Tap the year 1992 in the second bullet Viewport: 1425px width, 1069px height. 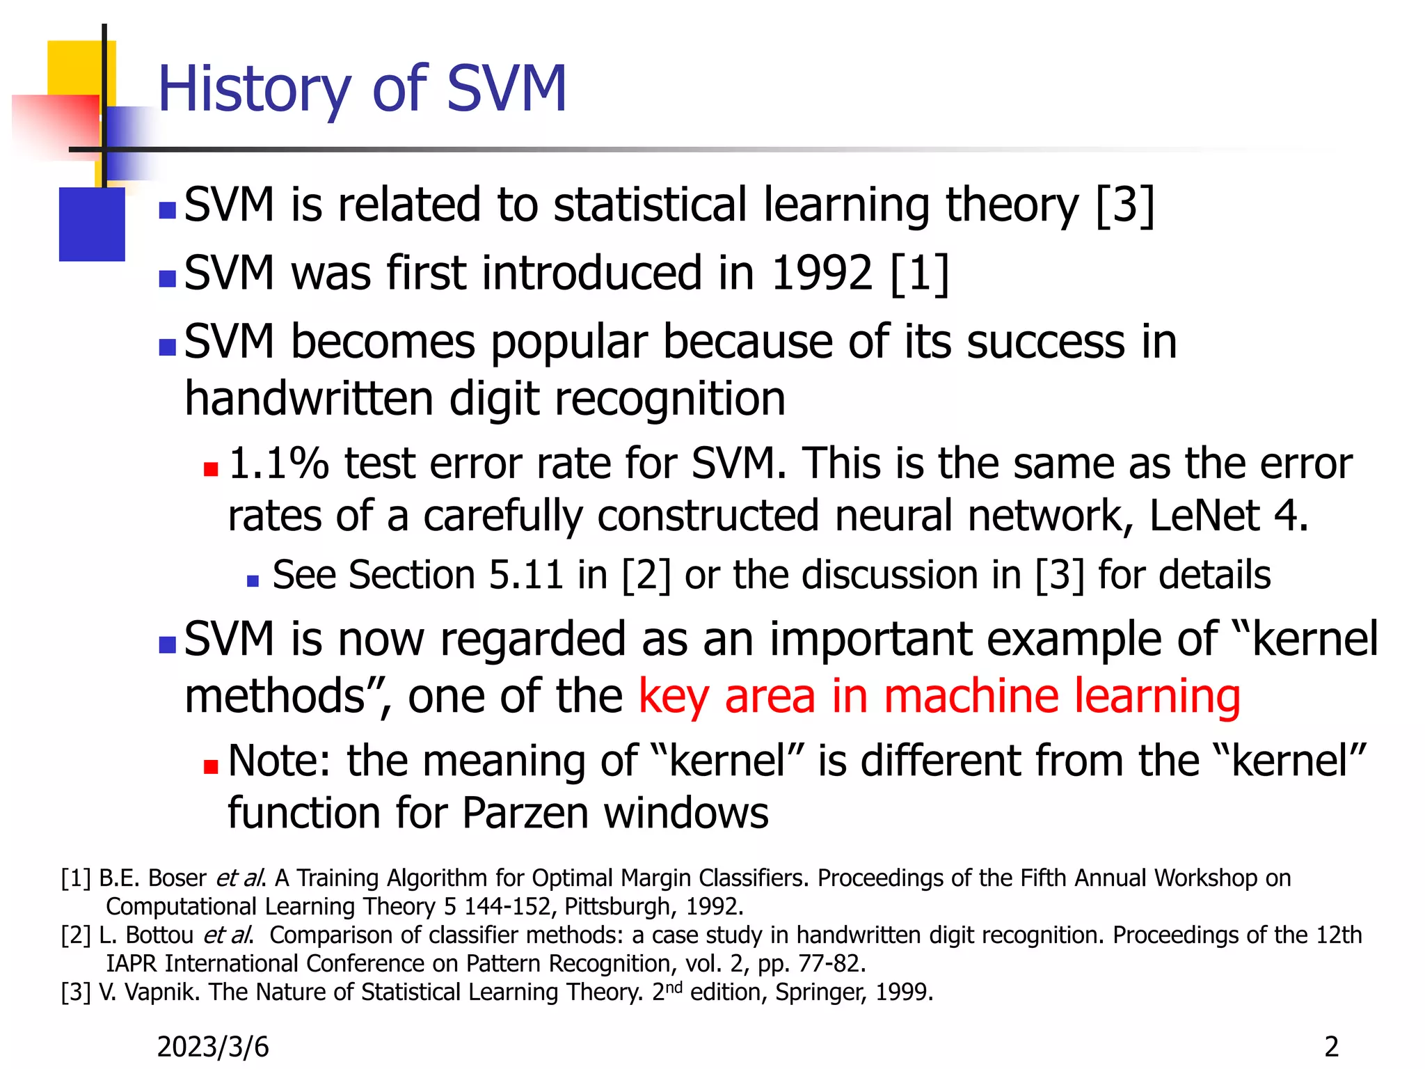point(822,273)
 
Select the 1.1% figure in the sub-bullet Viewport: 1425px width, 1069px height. point(278,464)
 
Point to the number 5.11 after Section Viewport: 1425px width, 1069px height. point(525,575)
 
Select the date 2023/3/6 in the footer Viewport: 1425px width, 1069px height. point(213,1047)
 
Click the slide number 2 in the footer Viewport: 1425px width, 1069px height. point(1331,1047)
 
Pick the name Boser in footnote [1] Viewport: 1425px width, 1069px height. point(177,878)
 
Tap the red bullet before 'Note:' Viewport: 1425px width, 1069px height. point(211,767)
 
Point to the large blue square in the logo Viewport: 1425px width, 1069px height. point(92,224)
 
